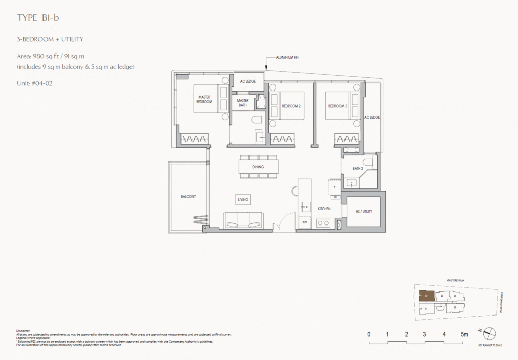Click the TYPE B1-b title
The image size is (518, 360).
tap(41, 18)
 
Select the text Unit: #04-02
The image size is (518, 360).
tap(34, 83)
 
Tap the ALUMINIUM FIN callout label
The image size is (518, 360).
tap(287, 58)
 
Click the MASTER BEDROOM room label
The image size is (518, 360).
tap(204, 99)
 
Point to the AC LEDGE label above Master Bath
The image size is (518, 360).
tap(248, 81)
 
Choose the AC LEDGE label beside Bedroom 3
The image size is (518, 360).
tap(372, 117)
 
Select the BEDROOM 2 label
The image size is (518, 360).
tap(291, 106)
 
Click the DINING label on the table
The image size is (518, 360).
tap(258, 166)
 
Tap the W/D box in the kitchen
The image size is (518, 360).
tap(305, 222)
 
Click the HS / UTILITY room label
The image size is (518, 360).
tap(363, 211)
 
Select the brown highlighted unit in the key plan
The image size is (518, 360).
tap(426, 296)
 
